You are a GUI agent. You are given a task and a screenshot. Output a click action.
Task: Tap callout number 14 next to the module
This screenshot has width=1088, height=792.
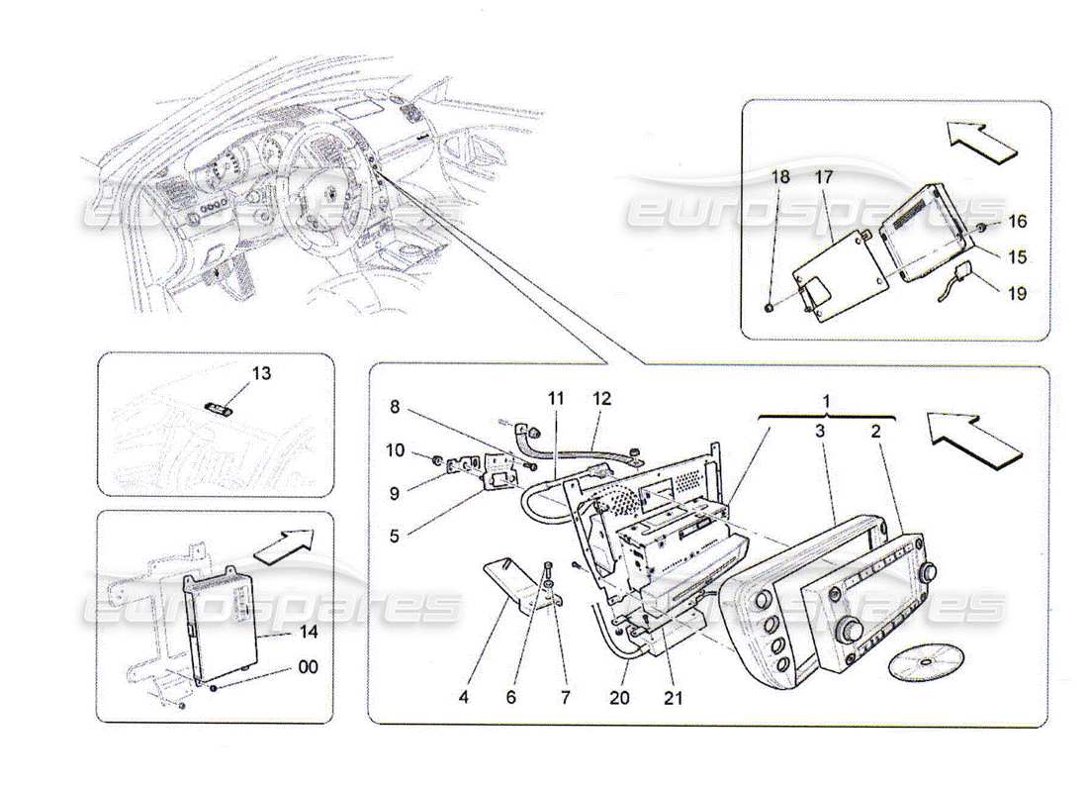point(281,630)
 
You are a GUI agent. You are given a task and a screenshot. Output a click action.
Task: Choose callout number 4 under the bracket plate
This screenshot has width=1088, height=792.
point(464,697)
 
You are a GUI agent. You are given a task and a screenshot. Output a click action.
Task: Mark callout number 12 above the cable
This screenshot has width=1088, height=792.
point(602,399)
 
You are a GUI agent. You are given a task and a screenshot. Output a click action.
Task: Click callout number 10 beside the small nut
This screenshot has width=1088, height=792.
point(396,451)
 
